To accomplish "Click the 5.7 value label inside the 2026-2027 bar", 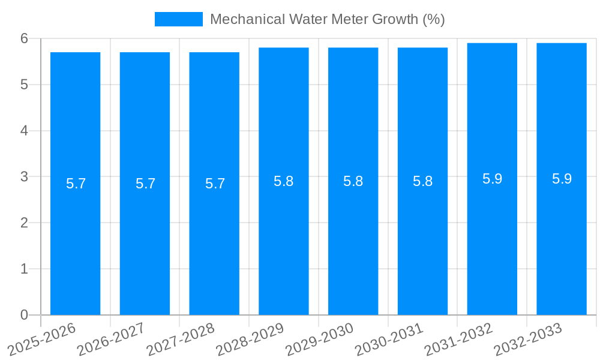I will [x=145, y=184].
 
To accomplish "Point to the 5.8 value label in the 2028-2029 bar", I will [x=283, y=181].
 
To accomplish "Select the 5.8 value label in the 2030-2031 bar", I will [x=422, y=181].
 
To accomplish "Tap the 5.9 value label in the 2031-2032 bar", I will [x=492, y=179].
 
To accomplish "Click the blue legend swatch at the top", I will [x=178, y=19].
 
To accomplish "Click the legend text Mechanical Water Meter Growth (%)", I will [x=327, y=19].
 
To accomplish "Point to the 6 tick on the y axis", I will [x=25, y=38].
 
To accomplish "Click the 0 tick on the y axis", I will [x=25, y=315].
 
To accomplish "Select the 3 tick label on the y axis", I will [x=25, y=177].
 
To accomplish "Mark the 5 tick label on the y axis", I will [x=25, y=85].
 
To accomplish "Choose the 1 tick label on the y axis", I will [x=25, y=269].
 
